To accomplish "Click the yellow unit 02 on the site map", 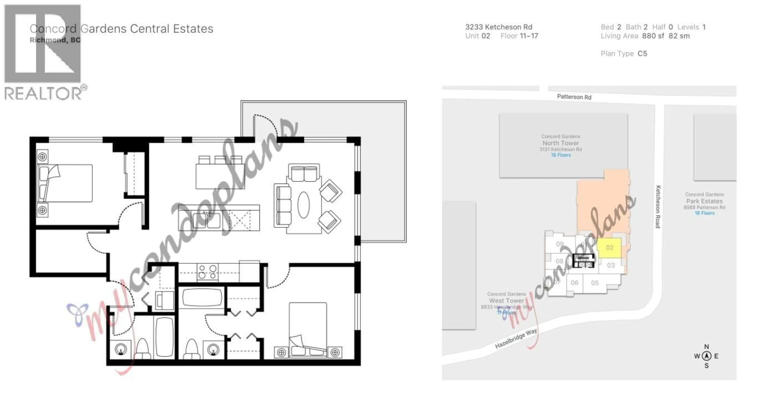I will point(609,248).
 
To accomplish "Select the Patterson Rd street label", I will point(574,97).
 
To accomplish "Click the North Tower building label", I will point(561,143).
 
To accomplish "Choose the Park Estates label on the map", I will point(704,201).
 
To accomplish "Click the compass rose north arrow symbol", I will point(707,356).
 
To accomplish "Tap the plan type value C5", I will point(642,53).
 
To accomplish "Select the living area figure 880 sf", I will point(653,36).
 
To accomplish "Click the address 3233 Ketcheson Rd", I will point(499,27).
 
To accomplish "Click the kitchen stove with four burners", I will point(207,272).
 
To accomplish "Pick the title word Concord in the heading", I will point(53,29).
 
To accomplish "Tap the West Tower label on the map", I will point(506,301).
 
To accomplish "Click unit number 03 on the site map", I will point(611,265).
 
